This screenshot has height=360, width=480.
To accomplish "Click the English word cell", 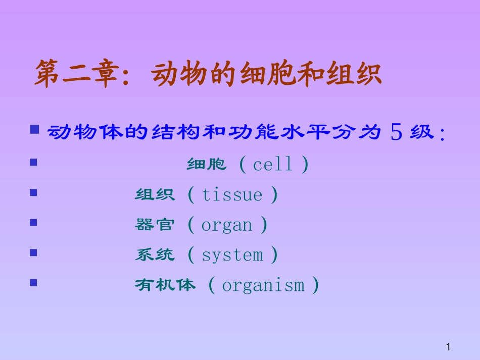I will pyautogui.click(x=273, y=165).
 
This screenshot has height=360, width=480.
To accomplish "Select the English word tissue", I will pyautogui.click(x=232, y=195).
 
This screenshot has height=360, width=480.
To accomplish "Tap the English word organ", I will pyautogui.click(x=226, y=225).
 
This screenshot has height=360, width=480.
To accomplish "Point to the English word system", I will pyautogui.click(x=232, y=255).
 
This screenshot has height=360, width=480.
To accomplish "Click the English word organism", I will pyautogui.click(x=263, y=286).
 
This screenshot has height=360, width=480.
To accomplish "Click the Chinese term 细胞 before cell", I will pyautogui.click(x=207, y=165).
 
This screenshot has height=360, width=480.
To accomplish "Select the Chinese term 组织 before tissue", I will pyautogui.click(x=155, y=195).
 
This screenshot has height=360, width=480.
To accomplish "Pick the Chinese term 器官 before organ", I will pyautogui.click(x=155, y=225).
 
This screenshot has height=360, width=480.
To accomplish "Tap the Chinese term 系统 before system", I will pyautogui.click(x=155, y=255).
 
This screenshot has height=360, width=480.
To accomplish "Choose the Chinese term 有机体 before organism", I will pyautogui.click(x=165, y=286).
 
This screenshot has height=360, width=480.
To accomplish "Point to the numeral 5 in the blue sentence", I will pyautogui.click(x=397, y=133).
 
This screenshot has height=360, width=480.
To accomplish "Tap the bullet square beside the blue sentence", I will pyautogui.click(x=34, y=130).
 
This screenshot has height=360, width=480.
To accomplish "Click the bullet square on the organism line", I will pyautogui.click(x=34, y=283).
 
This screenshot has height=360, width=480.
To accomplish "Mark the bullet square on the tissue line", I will pyautogui.click(x=34, y=192).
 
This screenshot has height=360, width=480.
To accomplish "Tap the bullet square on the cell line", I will pyautogui.click(x=34, y=162).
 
